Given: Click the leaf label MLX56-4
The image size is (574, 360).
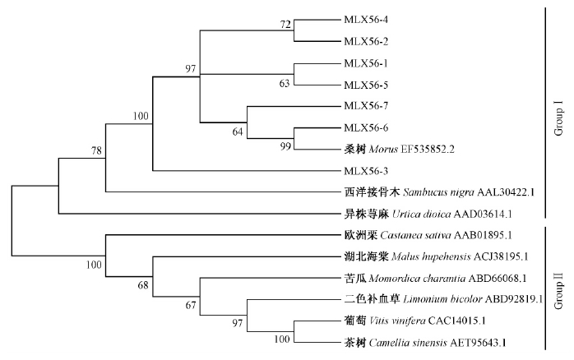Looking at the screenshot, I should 364,19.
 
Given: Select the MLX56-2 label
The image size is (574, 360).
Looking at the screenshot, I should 364,40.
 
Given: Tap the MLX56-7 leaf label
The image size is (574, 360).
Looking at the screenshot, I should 364,106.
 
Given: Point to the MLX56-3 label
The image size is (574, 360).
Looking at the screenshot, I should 364,171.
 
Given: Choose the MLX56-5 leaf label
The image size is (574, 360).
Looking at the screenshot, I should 364,84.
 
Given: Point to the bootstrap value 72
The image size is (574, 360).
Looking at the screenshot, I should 285,25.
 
